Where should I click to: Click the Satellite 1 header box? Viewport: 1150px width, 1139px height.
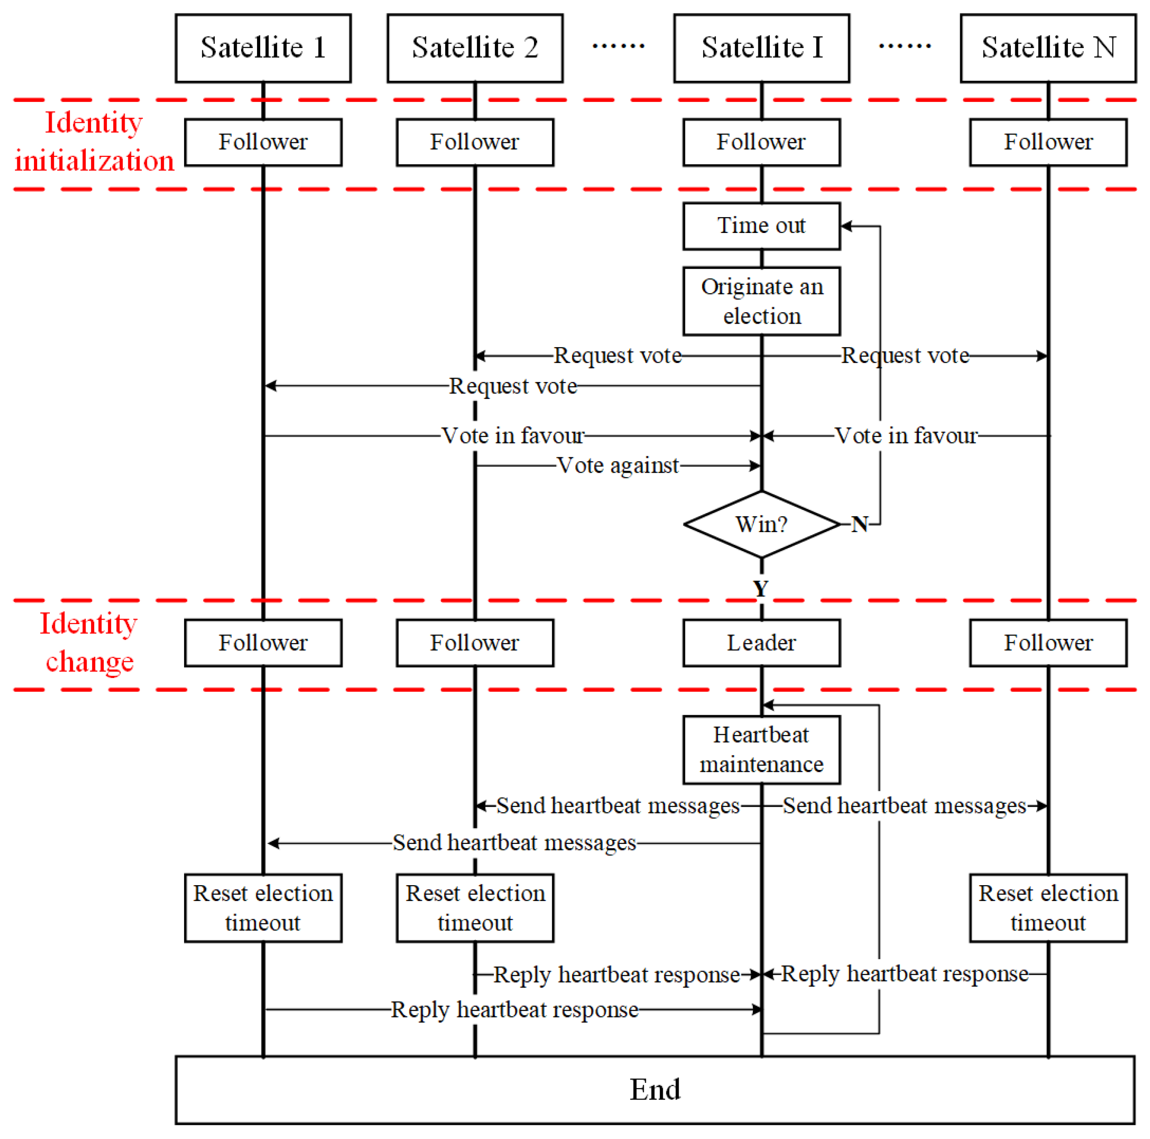(263, 48)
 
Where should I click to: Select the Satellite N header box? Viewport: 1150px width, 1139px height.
(1048, 48)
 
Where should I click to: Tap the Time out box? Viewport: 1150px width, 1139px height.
(762, 226)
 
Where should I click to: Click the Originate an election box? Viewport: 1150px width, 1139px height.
(762, 301)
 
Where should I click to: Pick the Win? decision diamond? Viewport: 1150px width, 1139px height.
(762, 524)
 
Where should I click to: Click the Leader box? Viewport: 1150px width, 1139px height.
(762, 643)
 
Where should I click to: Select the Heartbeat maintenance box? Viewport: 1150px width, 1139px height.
(762, 749)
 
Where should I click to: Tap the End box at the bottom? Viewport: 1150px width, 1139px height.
(655, 1090)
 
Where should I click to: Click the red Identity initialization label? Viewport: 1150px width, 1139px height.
(94, 141)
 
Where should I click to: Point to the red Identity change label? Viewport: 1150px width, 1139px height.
(89, 643)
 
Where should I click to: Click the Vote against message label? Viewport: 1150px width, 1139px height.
(618, 465)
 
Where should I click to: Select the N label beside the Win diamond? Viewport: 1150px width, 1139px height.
(859, 524)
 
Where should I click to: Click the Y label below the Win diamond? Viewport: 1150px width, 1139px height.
(761, 589)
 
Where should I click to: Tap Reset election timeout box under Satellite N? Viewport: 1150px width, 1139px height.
(1048, 908)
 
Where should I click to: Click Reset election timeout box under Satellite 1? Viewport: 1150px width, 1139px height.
(263, 908)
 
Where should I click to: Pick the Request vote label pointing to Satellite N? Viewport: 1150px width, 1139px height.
(905, 356)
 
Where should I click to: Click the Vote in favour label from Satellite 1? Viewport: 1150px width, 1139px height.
(513, 436)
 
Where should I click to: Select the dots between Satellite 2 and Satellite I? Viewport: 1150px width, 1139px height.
(618, 46)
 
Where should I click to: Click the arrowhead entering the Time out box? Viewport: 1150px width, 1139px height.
(846, 226)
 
